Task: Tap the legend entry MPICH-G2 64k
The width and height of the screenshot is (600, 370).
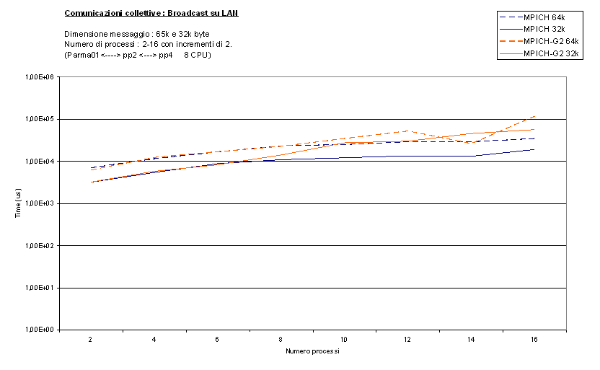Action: click(552, 41)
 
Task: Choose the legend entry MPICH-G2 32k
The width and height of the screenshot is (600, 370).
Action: click(552, 53)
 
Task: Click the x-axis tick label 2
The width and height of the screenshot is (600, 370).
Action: click(91, 339)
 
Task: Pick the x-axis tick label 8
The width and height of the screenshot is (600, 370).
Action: click(281, 339)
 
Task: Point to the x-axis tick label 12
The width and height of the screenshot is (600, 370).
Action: click(407, 339)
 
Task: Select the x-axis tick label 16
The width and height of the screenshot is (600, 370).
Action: click(534, 339)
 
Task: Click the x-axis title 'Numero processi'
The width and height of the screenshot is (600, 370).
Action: click(312, 351)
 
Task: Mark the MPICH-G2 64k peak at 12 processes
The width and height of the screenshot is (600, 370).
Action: click(407, 131)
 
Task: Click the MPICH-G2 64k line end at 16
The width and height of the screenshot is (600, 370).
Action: click(534, 115)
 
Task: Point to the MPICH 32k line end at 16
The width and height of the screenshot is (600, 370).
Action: click(534, 149)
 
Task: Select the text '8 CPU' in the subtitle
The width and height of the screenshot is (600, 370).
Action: click(197, 55)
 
